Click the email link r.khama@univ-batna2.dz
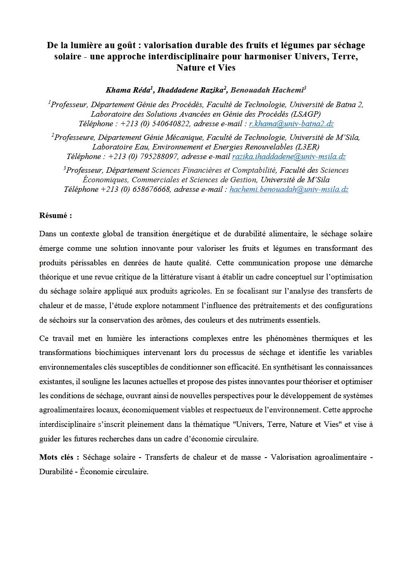tap(291, 124)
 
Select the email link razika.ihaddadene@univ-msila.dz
tap(289, 157)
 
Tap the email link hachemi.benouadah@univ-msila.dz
tap(289, 189)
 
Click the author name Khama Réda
tap(128, 90)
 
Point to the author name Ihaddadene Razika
tap(191, 90)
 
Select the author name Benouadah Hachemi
tap(267, 90)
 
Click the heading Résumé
tap(55, 216)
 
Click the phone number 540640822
tap(171, 124)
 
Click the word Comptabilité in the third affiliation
tap(254, 170)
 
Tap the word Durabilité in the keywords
tap(56, 472)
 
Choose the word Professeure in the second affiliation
tap(74, 137)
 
